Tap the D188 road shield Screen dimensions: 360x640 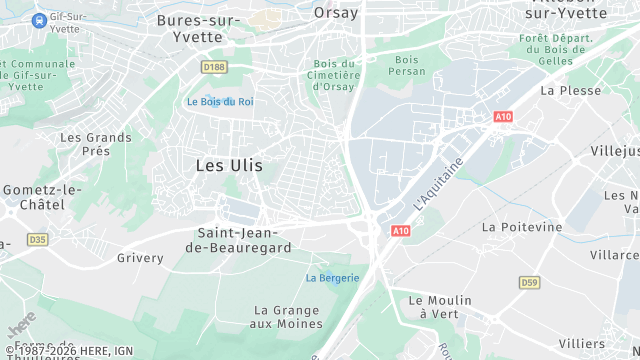click(x=213, y=67)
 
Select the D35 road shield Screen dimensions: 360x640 click(x=37, y=239)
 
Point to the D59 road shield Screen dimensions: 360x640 click(x=529, y=283)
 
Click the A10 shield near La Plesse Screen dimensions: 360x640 click(x=503, y=117)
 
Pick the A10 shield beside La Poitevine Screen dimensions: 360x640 click(x=400, y=231)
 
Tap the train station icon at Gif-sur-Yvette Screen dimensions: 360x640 click(x=39, y=20)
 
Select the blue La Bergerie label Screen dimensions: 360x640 click(x=332, y=277)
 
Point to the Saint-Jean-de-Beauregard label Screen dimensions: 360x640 click(x=245, y=240)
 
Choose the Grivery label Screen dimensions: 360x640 click(x=140, y=258)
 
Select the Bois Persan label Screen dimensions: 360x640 click(x=407, y=66)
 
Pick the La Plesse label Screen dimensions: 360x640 click(x=570, y=90)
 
